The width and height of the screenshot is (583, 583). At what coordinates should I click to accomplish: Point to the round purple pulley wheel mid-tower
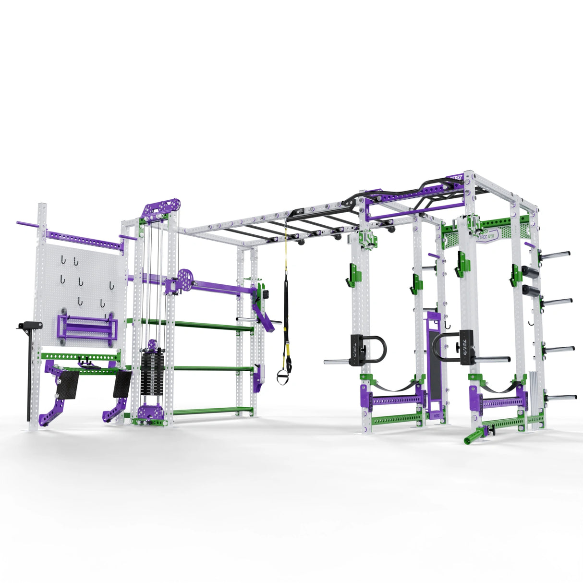(x=185, y=278)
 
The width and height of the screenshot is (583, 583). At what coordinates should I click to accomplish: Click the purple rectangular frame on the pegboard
(x=87, y=327)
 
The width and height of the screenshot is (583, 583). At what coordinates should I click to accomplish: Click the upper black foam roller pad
(x=530, y=272)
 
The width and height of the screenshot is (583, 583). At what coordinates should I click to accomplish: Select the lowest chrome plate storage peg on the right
(x=562, y=398)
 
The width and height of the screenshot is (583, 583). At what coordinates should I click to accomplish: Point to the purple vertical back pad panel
(x=434, y=355)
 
